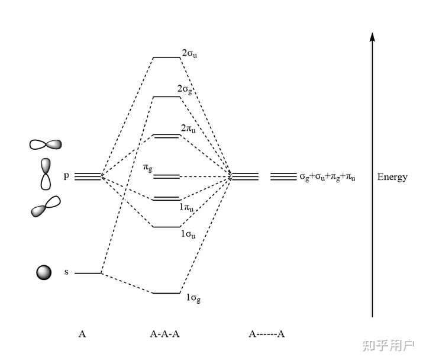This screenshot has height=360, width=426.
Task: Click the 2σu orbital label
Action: pos(189,53)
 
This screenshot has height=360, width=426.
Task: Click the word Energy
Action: pos(392,177)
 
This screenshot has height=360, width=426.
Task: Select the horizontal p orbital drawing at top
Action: pos(46,144)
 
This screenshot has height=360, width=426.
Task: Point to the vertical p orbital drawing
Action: pos(46,173)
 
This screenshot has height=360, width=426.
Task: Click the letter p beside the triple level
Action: pos(67,176)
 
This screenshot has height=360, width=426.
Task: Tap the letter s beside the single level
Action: pos(66,273)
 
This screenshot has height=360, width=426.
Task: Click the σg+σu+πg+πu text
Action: pos(327,177)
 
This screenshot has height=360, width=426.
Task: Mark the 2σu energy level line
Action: pos(166,57)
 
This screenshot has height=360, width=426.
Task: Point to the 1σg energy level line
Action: pos(166,293)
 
